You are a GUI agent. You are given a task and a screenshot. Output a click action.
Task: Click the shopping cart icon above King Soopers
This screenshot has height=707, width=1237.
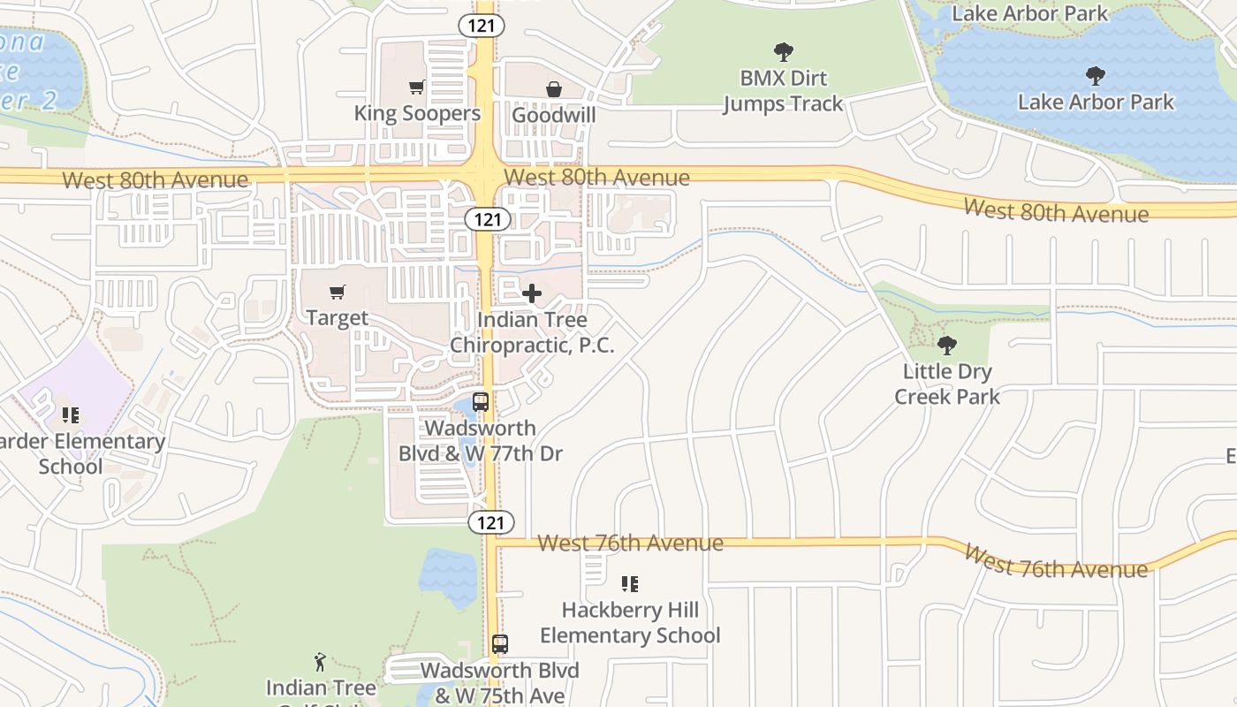416,87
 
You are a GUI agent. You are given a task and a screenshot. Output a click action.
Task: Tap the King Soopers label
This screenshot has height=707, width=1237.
417,113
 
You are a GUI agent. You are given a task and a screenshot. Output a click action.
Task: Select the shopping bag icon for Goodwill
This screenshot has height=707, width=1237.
553,89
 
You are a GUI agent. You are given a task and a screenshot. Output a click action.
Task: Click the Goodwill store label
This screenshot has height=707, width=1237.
553,115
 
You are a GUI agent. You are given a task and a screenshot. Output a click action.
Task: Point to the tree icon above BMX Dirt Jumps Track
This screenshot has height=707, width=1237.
783,52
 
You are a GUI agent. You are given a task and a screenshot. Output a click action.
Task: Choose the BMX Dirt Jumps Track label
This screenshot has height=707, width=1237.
783,91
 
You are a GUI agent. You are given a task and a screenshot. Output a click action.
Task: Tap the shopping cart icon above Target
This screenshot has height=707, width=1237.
337,292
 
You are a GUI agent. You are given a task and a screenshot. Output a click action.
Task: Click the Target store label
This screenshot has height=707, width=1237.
337,317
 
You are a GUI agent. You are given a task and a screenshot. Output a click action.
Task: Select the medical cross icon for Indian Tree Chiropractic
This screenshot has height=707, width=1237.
532,293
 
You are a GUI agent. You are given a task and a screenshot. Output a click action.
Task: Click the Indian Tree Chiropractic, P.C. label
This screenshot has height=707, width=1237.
532,332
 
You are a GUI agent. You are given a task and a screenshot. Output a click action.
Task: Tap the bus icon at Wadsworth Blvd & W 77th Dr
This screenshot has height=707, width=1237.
481,402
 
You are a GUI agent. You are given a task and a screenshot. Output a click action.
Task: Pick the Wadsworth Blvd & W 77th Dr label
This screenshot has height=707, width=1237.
480,441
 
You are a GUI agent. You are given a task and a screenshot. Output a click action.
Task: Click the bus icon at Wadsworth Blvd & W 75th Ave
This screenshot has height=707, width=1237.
500,644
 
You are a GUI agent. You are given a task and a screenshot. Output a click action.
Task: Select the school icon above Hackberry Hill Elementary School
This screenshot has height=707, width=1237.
629,583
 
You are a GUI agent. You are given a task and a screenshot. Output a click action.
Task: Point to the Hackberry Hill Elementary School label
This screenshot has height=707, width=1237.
630,622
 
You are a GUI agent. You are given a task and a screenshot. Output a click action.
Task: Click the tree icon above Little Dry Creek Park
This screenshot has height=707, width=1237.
946,345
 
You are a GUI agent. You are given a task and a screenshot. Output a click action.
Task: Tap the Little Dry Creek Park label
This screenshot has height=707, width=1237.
946,384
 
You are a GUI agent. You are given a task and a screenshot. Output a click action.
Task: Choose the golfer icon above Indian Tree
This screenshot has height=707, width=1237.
320,661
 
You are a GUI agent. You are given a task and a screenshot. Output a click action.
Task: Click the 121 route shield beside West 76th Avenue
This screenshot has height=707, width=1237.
490,522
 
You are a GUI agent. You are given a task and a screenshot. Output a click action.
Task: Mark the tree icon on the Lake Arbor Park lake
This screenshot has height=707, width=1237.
1096,75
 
